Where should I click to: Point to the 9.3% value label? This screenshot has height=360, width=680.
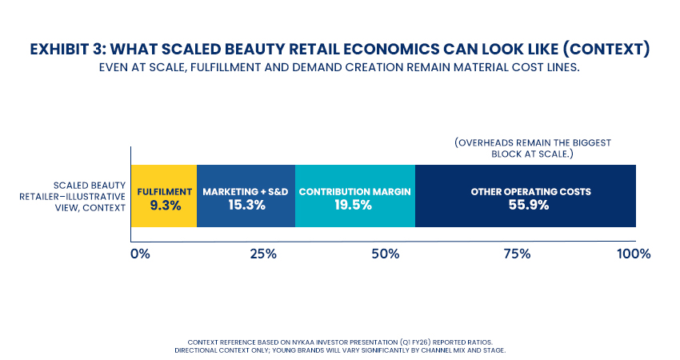click(x=164, y=206)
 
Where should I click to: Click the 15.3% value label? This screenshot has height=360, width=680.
click(x=246, y=206)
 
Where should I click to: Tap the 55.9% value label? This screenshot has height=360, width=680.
click(x=526, y=206)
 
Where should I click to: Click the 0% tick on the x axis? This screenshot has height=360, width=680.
click(x=140, y=254)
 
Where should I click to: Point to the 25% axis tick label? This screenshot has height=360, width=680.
click(x=262, y=254)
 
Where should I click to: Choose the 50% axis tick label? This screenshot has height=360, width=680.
click(x=386, y=254)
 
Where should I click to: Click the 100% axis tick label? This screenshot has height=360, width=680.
click(x=634, y=254)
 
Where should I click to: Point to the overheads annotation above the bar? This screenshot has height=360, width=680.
click(x=533, y=149)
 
